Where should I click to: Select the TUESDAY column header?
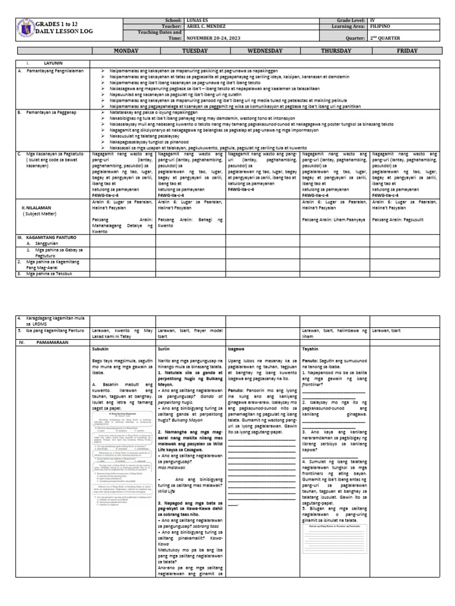(x=190, y=51)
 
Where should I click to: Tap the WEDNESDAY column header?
(x=260, y=51)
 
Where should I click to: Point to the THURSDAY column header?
(x=335, y=51)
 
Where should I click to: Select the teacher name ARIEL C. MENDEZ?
(x=208, y=27)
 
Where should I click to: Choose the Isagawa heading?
(x=236, y=349)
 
